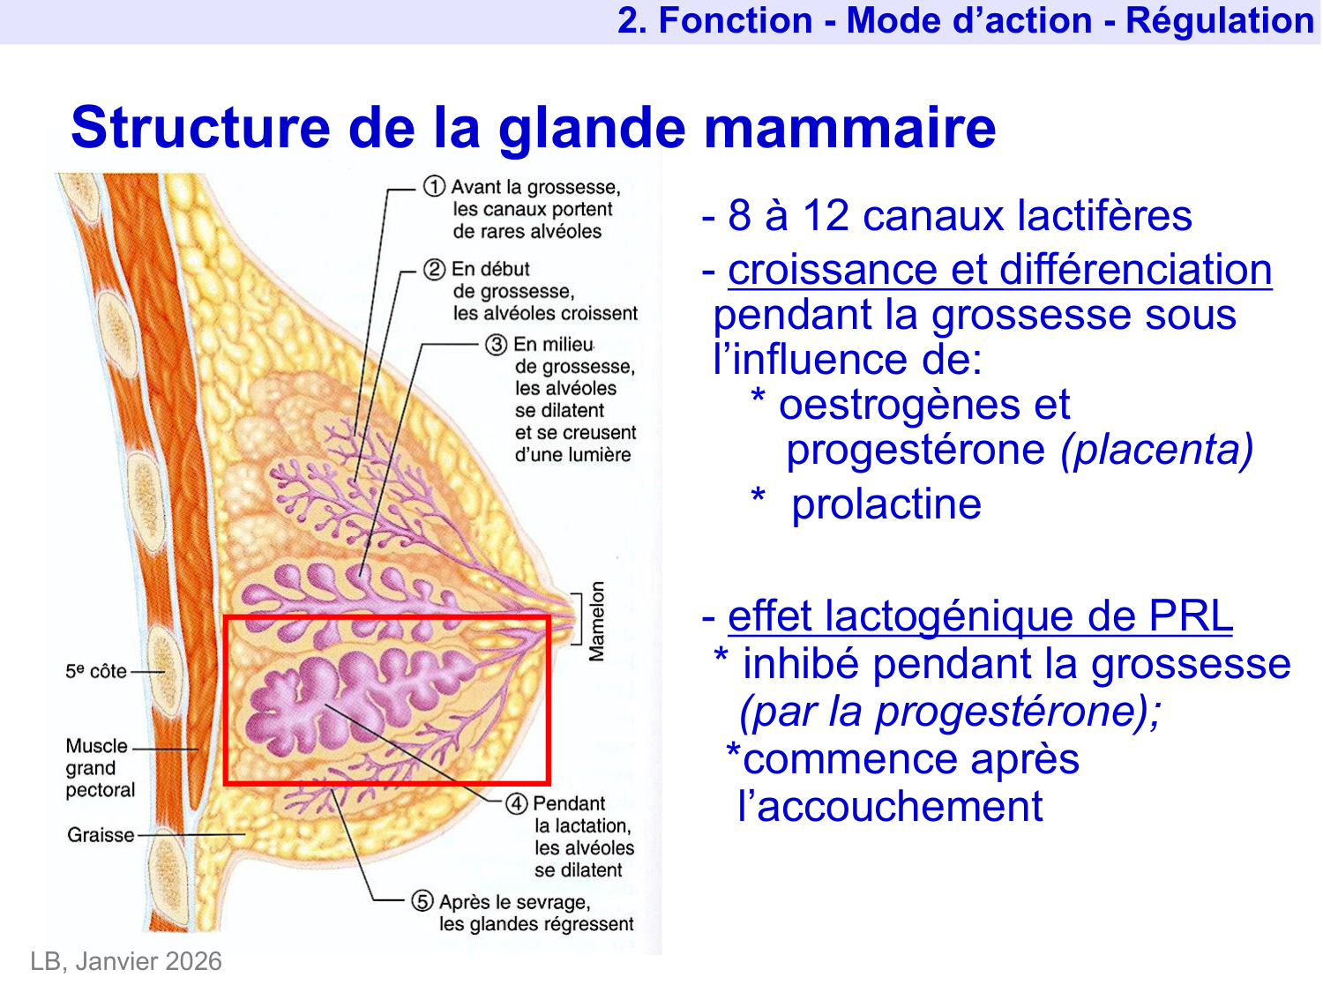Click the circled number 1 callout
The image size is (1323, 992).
click(x=434, y=187)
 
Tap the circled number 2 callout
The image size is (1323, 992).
click(x=434, y=269)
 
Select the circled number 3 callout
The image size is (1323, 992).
click(x=497, y=345)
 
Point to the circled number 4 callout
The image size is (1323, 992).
click(x=517, y=804)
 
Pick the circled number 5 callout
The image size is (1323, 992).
click(x=423, y=901)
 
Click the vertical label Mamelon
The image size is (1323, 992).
click(x=598, y=621)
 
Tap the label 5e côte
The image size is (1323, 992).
click(x=96, y=671)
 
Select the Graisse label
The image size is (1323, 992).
click(x=101, y=834)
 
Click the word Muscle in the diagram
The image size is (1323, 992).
click(x=97, y=746)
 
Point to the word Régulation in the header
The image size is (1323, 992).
click(x=1220, y=21)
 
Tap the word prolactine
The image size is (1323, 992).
click(x=886, y=504)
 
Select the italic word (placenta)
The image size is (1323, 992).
click(x=1156, y=450)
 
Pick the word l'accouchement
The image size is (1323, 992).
click(x=890, y=806)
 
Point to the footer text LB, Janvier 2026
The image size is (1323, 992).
click(x=126, y=961)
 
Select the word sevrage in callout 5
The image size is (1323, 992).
click(x=553, y=902)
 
